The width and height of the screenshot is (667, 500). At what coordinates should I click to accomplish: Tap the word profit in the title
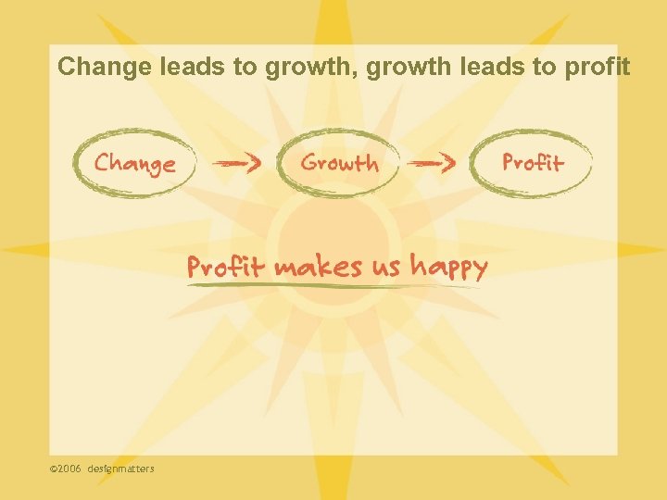tap(599, 67)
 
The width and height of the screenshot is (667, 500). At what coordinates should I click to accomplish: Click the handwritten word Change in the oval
tap(134, 164)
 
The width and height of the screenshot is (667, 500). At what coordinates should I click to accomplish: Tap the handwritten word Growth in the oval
tap(340, 164)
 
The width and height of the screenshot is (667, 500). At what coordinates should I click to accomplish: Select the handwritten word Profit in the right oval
tap(533, 163)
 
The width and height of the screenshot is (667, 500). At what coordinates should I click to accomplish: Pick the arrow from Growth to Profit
tap(432, 163)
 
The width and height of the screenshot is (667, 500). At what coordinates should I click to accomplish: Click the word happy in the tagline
tap(448, 268)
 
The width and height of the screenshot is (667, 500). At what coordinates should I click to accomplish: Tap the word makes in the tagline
tap(318, 268)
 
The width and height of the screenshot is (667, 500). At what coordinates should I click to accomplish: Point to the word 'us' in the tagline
tap(386, 269)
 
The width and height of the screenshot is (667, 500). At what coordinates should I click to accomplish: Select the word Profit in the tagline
tap(226, 268)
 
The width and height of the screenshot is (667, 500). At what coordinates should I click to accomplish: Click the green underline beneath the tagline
tap(333, 285)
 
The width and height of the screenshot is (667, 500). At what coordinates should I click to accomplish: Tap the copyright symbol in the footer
tap(53, 469)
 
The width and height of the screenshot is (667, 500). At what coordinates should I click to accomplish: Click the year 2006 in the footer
tap(69, 469)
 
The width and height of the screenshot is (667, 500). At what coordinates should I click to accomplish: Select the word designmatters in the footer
tap(120, 469)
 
